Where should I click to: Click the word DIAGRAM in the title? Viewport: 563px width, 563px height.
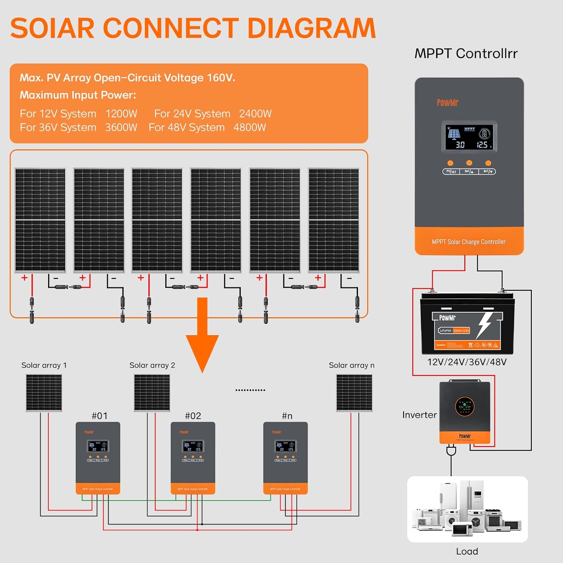click(312, 29)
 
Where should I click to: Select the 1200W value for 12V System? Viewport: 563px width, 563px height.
click(121, 114)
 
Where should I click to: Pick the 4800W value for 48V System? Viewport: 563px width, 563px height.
click(250, 128)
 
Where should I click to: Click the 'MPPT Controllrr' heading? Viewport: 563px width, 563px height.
click(466, 54)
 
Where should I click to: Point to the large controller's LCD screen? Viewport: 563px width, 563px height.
click(469, 137)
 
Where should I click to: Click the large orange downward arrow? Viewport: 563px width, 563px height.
click(202, 334)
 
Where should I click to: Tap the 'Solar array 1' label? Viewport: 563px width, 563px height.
click(44, 365)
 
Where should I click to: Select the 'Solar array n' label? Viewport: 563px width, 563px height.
click(351, 365)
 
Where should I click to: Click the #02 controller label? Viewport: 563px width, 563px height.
click(193, 416)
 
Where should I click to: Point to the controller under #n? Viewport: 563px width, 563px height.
click(285, 458)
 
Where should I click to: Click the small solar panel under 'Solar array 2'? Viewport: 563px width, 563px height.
click(152, 393)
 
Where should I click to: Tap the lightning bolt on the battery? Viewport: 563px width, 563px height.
click(485, 325)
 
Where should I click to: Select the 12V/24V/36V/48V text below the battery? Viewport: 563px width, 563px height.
click(467, 362)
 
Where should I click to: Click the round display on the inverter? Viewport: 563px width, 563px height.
click(465, 406)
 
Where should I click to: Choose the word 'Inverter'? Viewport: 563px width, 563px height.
click(419, 415)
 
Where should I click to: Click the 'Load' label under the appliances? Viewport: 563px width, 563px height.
click(467, 551)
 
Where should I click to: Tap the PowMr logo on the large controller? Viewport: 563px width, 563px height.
click(447, 103)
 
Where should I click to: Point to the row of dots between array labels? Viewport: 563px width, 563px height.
click(250, 390)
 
